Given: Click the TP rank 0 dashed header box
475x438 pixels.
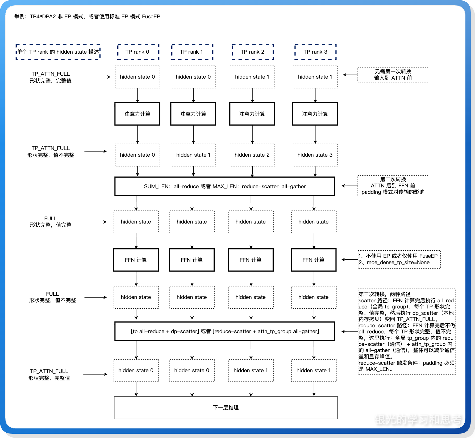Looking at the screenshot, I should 138,52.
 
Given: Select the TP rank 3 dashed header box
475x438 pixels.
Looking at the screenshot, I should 315,52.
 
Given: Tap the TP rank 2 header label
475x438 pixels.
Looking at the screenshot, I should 252,52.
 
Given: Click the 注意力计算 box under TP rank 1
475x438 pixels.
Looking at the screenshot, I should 193,114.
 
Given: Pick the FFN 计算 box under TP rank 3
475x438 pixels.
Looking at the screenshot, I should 314,260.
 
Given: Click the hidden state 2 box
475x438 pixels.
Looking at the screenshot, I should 252,155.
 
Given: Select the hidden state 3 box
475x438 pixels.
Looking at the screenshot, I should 315,155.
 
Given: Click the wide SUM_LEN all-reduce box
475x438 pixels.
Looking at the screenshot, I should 225,186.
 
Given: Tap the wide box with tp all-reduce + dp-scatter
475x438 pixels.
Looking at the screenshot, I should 225,331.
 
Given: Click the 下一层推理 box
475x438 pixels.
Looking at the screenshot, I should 226,407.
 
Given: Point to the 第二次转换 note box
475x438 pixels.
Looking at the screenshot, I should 393,186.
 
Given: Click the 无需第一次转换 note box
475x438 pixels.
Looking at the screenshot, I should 393,75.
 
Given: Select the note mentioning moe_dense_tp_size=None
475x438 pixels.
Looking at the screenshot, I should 399,259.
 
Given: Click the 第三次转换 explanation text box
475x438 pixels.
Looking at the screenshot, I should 407,331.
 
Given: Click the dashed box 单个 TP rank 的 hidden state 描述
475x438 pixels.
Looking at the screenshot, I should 58,52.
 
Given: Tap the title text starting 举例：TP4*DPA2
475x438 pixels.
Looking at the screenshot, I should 87,16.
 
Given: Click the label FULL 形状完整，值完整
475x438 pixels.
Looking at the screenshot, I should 51,222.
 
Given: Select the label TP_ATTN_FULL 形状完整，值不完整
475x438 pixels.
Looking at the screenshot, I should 51,152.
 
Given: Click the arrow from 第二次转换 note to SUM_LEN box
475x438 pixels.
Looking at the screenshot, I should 349,186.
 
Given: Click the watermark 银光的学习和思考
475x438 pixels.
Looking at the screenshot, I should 419,420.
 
